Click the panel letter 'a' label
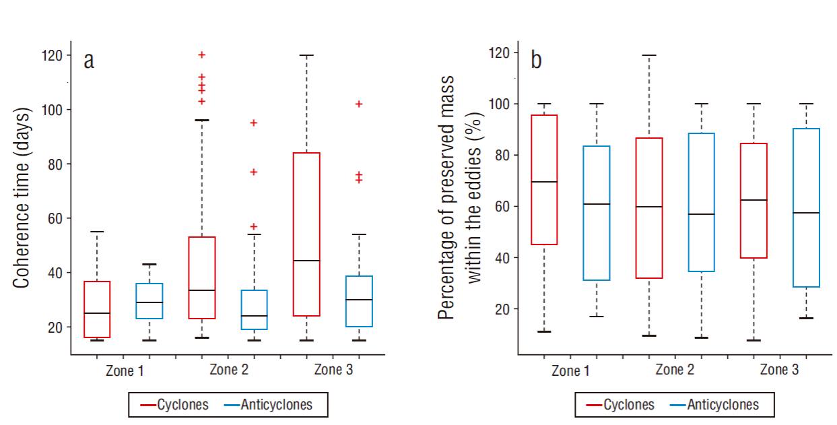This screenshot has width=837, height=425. pos(89,61)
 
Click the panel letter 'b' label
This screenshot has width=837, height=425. pos(536,60)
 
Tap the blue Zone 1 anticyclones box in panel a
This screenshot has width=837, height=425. pos(149,301)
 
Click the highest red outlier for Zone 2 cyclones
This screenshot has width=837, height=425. pos(201,55)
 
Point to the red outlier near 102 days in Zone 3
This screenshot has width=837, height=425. pos(359,104)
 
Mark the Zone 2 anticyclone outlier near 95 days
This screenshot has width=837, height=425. pos(254,123)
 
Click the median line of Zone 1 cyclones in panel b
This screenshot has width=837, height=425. pos(544,182)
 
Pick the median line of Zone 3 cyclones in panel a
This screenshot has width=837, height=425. pos(306,260)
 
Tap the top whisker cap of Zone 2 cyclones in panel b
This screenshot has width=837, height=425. pos(649,55)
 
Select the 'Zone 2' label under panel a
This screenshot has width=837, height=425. pos(229,370)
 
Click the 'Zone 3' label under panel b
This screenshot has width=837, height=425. pos(779,370)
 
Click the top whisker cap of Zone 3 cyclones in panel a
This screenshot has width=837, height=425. pos(306,55)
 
